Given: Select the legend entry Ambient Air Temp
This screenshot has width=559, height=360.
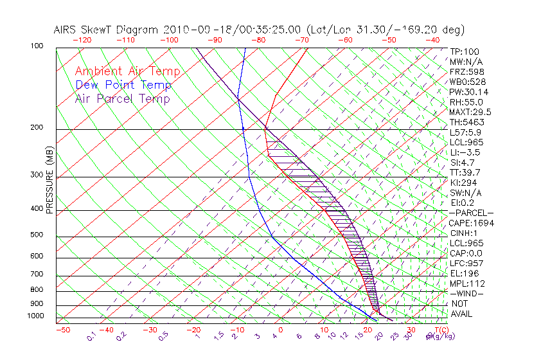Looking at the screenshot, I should (x=127, y=71).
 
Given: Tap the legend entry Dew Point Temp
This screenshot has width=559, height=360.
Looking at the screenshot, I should (x=123, y=85).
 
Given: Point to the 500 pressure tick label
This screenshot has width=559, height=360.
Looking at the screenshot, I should (x=37, y=235).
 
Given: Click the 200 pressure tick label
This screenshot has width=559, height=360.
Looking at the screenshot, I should (x=37, y=127).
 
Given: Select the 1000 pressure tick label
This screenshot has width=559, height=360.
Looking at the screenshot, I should (x=35, y=316).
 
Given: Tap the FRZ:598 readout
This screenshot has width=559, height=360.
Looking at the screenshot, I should (x=464, y=71).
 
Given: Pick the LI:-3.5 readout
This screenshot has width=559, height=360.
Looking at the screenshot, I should (x=464, y=152).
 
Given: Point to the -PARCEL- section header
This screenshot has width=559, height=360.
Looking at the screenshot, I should (x=471, y=213).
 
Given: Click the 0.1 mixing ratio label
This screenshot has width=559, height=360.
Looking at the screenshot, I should (x=92, y=335).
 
